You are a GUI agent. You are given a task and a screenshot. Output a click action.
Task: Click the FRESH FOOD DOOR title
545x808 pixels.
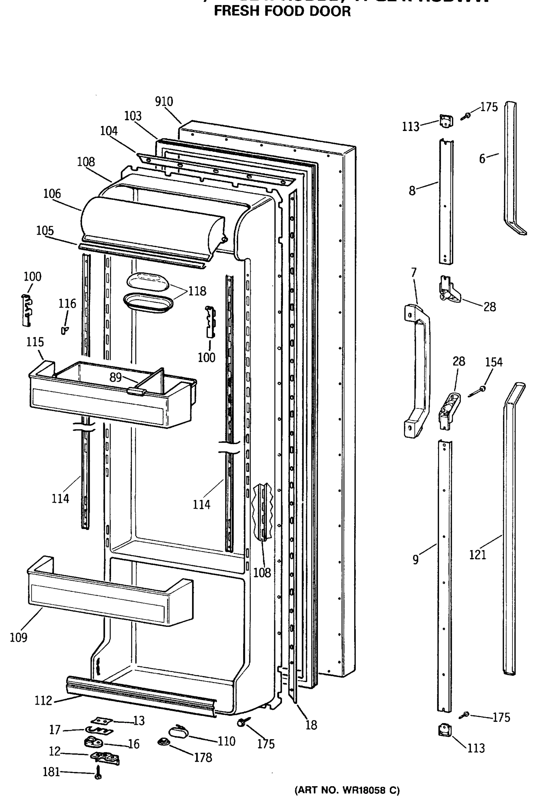(282, 11)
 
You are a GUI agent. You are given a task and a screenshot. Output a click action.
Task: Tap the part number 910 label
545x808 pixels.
(164, 102)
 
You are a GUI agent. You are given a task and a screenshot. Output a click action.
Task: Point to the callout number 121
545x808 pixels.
(478, 554)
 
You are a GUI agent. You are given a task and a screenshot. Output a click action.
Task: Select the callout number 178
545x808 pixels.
(203, 757)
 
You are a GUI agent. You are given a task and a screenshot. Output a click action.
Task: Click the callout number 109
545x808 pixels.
(19, 637)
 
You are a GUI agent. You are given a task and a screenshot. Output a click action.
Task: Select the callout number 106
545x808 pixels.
(52, 194)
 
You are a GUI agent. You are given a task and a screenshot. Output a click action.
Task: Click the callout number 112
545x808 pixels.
(43, 700)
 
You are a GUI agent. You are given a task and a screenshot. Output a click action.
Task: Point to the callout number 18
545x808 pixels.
(311, 725)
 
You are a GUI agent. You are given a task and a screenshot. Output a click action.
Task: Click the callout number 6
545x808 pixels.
(482, 159)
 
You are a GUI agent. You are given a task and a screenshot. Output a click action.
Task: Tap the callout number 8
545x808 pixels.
(412, 191)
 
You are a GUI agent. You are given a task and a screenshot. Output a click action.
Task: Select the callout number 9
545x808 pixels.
(415, 560)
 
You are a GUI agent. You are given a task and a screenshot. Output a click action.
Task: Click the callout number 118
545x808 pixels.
(197, 291)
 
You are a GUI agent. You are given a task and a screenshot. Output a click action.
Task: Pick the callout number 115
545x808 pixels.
(35, 342)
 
